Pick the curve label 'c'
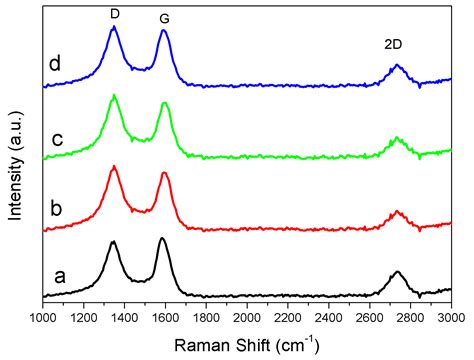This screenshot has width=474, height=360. point(57,139)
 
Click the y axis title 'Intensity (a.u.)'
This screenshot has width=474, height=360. point(14,160)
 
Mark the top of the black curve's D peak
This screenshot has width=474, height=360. point(113,242)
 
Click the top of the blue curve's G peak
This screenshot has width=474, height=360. point(163,31)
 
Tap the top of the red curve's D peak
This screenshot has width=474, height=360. point(114,167)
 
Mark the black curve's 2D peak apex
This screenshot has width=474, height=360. point(397,271)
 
